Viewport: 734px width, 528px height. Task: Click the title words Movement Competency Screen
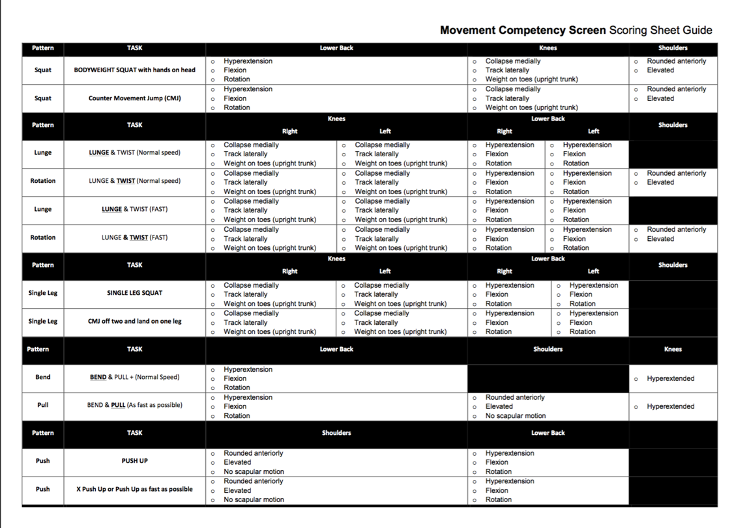pyautogui.click(x=523, y=31)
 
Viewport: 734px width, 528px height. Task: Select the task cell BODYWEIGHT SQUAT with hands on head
pyautogui.click(x=134, y=70)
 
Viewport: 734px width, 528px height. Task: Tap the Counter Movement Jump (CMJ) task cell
pyautogui.click(x=134, y=98)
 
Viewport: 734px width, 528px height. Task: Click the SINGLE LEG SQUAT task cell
pyautogui.click(x=134, y=293)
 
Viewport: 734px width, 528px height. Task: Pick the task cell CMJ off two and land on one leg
pyautogui.click(x=134, y=322)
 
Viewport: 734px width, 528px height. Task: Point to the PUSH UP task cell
pyautogui.click(x=134, y=461)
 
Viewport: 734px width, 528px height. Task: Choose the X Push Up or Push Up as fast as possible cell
pyautogui.click(x=134, y=489)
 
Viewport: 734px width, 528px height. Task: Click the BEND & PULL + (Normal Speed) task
pyautogui.click(x=134, y=377)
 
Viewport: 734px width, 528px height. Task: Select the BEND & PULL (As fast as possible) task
pyautogui.click(x=134, y=405)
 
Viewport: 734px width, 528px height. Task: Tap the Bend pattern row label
pyautogui.click(x=43, y=377)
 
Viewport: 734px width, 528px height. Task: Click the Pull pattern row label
pyautogui.click(x=43, y=405)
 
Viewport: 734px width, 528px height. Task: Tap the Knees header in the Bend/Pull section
pyautogui.click(x=673, y=350)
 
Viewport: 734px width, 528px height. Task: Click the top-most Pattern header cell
pyautogui.click(x=43, y=48)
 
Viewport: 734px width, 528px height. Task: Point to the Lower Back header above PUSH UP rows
pyautogui.click(x=548, y=433)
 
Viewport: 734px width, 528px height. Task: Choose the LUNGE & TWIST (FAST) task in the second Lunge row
pyautogui.click(x=134, y=209)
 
